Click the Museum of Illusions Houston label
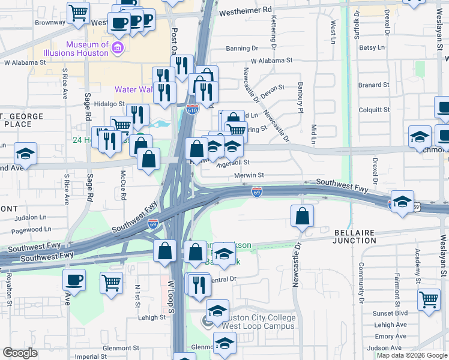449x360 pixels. (x=87, y=49)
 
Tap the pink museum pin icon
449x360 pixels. (x=118, y=48)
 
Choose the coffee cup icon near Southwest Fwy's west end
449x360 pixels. (x=74, y=280)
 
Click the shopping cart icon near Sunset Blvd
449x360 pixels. (x=429, y=299)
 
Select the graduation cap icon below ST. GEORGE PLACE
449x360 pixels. (x=25, y=154)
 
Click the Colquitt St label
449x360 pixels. (x=374, y=110)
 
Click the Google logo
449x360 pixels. (x=20, y=353)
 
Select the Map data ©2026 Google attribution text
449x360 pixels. (x=411, y=355)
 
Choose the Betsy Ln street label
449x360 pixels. (x=372, y=47)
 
